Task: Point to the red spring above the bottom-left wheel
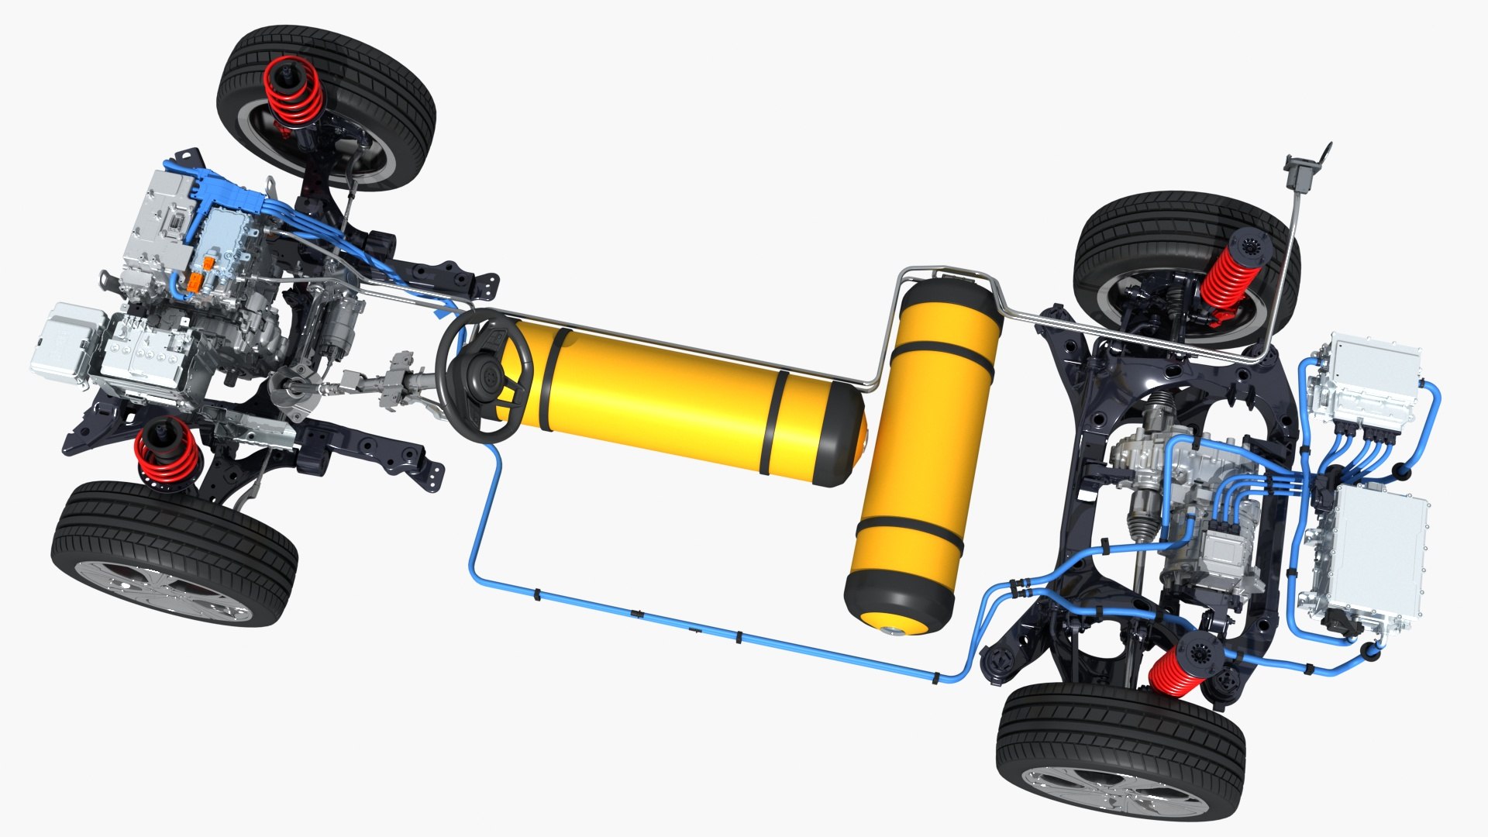tap(166, 453)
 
